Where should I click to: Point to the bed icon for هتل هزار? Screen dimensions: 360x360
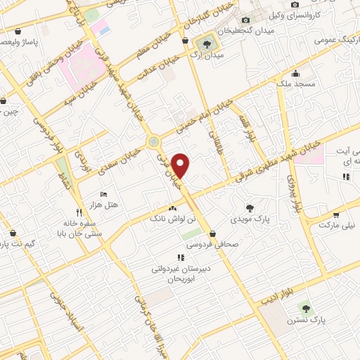[x=104, y=194]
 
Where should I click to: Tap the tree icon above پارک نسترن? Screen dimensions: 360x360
[x=304, y=307]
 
